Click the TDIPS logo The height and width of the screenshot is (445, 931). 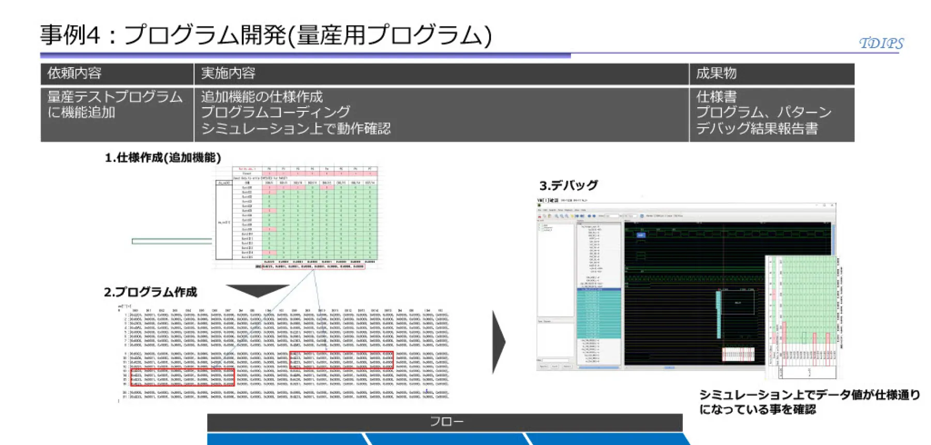click(x=881, y=43)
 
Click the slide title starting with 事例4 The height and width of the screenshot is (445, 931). click(x=266, y=35)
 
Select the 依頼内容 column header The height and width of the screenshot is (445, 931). click(x=74, y=73)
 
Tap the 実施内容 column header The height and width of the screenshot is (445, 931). click(x=228, y=73)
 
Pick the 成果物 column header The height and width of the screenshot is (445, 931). click(x=716, y=73)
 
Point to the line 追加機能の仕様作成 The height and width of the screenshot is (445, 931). click(x=262, y=97)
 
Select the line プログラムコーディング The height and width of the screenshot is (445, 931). click(x=276, y=112)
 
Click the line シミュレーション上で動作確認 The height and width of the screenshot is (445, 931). click(x=295, y=128)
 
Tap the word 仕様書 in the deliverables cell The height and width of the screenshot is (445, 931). click(x=716, y=97)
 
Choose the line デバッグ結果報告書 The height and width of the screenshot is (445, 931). click(x=757, y=128)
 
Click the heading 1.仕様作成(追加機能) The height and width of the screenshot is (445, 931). click(x=163, y=157)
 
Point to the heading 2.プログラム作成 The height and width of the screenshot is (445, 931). click(x=150, y=292)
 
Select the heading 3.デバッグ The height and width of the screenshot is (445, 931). click(x=568, y=185)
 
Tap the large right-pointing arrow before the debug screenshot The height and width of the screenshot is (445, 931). click(x=498, y=342)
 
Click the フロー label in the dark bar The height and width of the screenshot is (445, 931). click(x=446, y=422)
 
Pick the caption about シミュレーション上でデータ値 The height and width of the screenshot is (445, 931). click(x=809, y=402)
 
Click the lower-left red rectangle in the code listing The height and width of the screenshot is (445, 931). click(x=183, y=377)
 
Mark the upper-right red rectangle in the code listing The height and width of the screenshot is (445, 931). click(x=341, y=360)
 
